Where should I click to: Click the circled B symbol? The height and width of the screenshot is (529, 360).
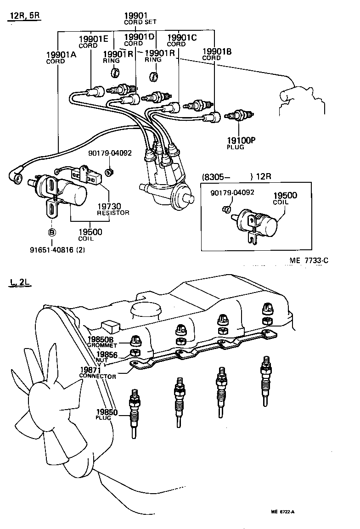pyautogui.click(x=52, y=233)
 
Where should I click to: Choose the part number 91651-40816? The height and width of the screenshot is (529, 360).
pyautogui.click(x=57, y=250)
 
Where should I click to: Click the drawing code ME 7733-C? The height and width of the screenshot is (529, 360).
pyautogui.click(x=309, y=261)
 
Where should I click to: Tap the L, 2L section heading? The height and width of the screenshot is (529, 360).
pyautogui.click(x=19, y=282)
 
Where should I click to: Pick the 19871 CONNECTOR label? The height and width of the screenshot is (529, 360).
pyautogui.click(x=97, y=373)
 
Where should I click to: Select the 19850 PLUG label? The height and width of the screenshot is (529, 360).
pyautogui.click(x=107, y=414)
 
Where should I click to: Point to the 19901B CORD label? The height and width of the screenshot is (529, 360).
pyautogui.click(x=216, y=55)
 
